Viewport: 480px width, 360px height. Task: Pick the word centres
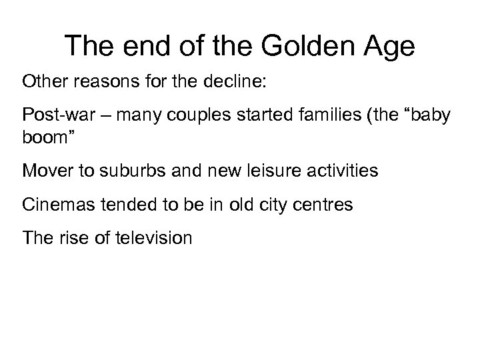[x=325, y=204]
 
